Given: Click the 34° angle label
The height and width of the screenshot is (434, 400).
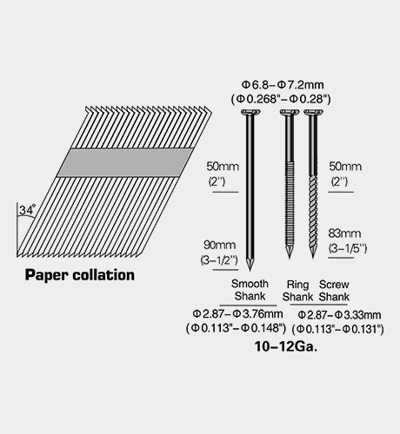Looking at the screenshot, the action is coord(27,210).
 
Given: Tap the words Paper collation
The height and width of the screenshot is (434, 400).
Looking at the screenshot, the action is coord(80,275).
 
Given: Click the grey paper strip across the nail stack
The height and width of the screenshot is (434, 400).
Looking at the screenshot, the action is coord(125,162).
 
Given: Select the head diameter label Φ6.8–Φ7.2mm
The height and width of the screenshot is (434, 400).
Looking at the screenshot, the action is coord(283,85).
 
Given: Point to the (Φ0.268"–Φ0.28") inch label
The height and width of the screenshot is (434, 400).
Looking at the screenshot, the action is coord(281,99).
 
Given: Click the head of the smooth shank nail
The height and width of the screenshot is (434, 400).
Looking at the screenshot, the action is coord(250,112).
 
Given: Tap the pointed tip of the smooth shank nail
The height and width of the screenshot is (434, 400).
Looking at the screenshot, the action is coord(250,270).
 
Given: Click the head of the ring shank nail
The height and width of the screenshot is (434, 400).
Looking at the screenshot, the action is coord(290,112).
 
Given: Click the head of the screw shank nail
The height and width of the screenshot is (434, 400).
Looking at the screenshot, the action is coord(313,112).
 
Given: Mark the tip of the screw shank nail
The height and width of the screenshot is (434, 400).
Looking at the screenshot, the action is coord(313,257).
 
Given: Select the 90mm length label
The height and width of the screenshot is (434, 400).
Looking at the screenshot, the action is coord(219,245).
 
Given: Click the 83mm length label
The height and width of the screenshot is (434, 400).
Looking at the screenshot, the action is coord(344,233).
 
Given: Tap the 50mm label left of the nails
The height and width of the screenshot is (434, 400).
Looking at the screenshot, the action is coord(223,167).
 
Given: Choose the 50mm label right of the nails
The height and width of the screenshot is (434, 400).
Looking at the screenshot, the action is coord(345,167).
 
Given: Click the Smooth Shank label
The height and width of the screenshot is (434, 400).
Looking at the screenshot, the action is coord(250,290).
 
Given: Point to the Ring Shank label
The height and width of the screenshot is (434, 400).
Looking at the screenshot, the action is coord(297,291).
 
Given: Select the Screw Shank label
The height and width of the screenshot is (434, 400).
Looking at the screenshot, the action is coord(334,291).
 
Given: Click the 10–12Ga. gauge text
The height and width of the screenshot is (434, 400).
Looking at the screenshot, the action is coord(286,346).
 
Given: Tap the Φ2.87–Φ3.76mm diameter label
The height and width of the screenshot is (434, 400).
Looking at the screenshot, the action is coord(237,313).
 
